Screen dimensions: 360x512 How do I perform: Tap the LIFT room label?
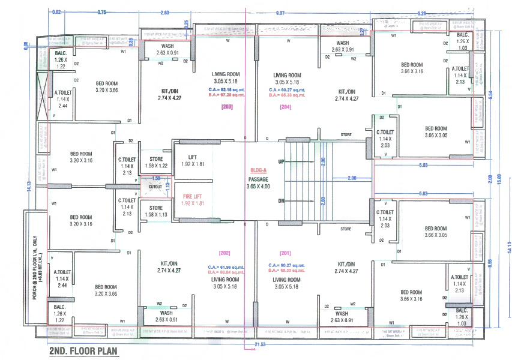[x=193, y=160]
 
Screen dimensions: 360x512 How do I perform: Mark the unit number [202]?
[x=225, y=253]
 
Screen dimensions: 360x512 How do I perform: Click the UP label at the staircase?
[x=282, y=162]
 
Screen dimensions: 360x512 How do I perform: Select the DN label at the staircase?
[x=282, y=202]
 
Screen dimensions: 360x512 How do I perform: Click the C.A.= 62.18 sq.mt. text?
[x=226, y=89]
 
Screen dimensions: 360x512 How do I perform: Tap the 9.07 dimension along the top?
[x=280, y=12]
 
